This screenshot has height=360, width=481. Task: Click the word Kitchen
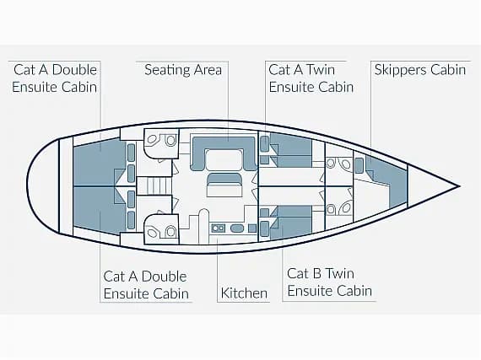coord(244,293)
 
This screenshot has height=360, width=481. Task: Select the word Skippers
coord(400,70)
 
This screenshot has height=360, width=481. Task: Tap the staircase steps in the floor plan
coord(154,185)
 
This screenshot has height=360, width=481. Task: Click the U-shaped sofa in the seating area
coord(224,153)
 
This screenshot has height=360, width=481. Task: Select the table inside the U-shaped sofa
coord(224,159)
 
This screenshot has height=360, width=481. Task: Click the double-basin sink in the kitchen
coord(218,228)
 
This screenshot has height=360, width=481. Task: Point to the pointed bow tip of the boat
coord(459,185)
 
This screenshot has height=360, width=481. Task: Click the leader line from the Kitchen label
coord(217,269)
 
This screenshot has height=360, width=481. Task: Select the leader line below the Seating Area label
coord(228,101)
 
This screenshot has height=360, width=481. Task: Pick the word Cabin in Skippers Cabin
coord(448,70)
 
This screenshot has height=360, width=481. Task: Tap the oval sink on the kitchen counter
coord(236,228)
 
